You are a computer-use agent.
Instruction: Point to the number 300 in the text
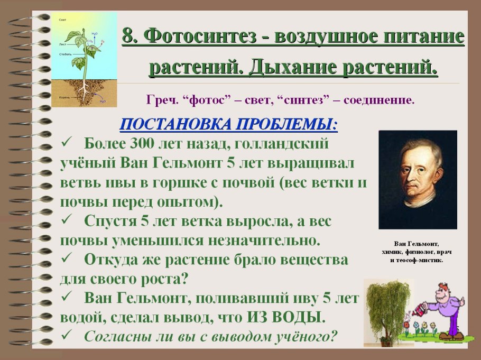point(145,144)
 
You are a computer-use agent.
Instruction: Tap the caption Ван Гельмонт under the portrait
point(417,244)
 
